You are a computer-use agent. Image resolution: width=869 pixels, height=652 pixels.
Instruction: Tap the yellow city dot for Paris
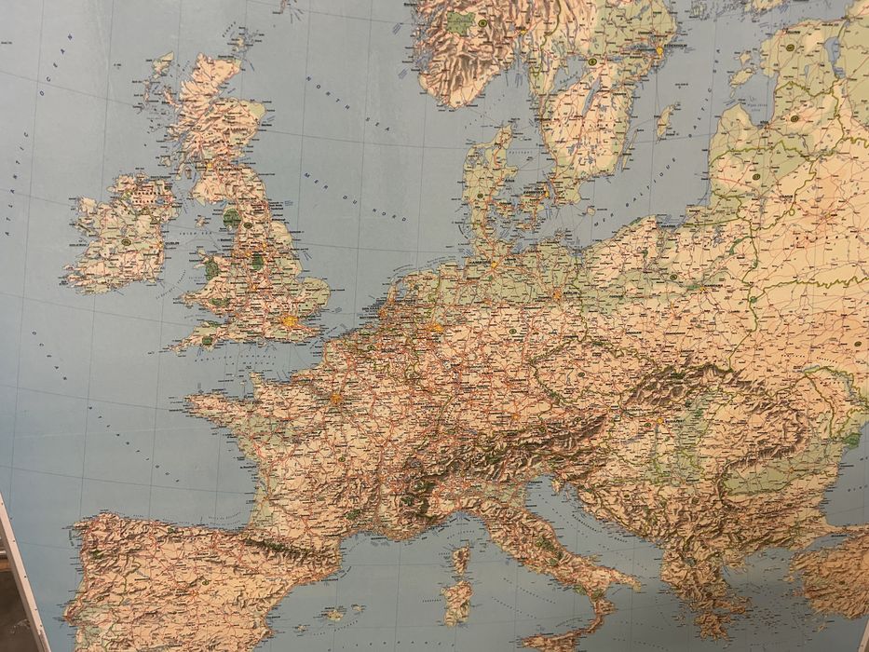(335, 399)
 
